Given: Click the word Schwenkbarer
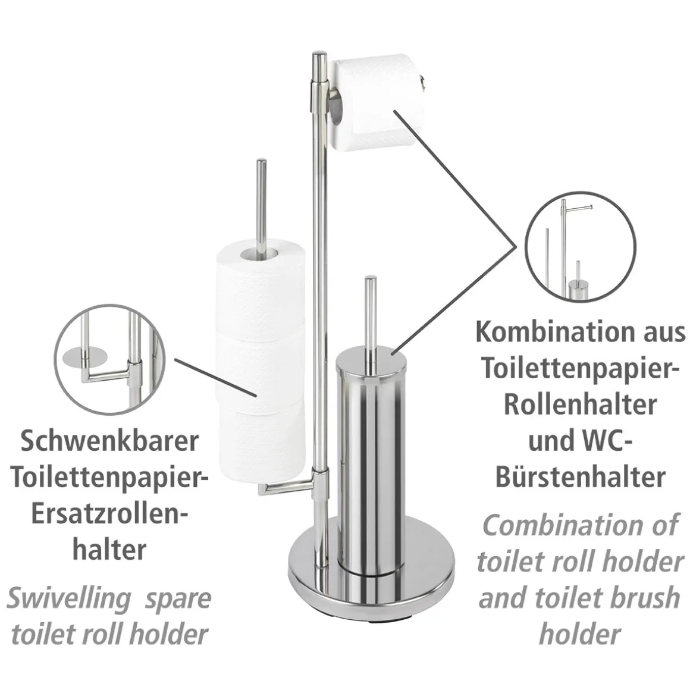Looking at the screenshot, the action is tap(109, 441).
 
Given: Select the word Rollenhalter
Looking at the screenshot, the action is tap(581, 405).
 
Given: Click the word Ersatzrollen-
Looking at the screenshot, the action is tap(110, 513).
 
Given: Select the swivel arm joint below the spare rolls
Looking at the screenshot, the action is tap(320, 481).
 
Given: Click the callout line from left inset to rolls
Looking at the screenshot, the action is tap(215, 377).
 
